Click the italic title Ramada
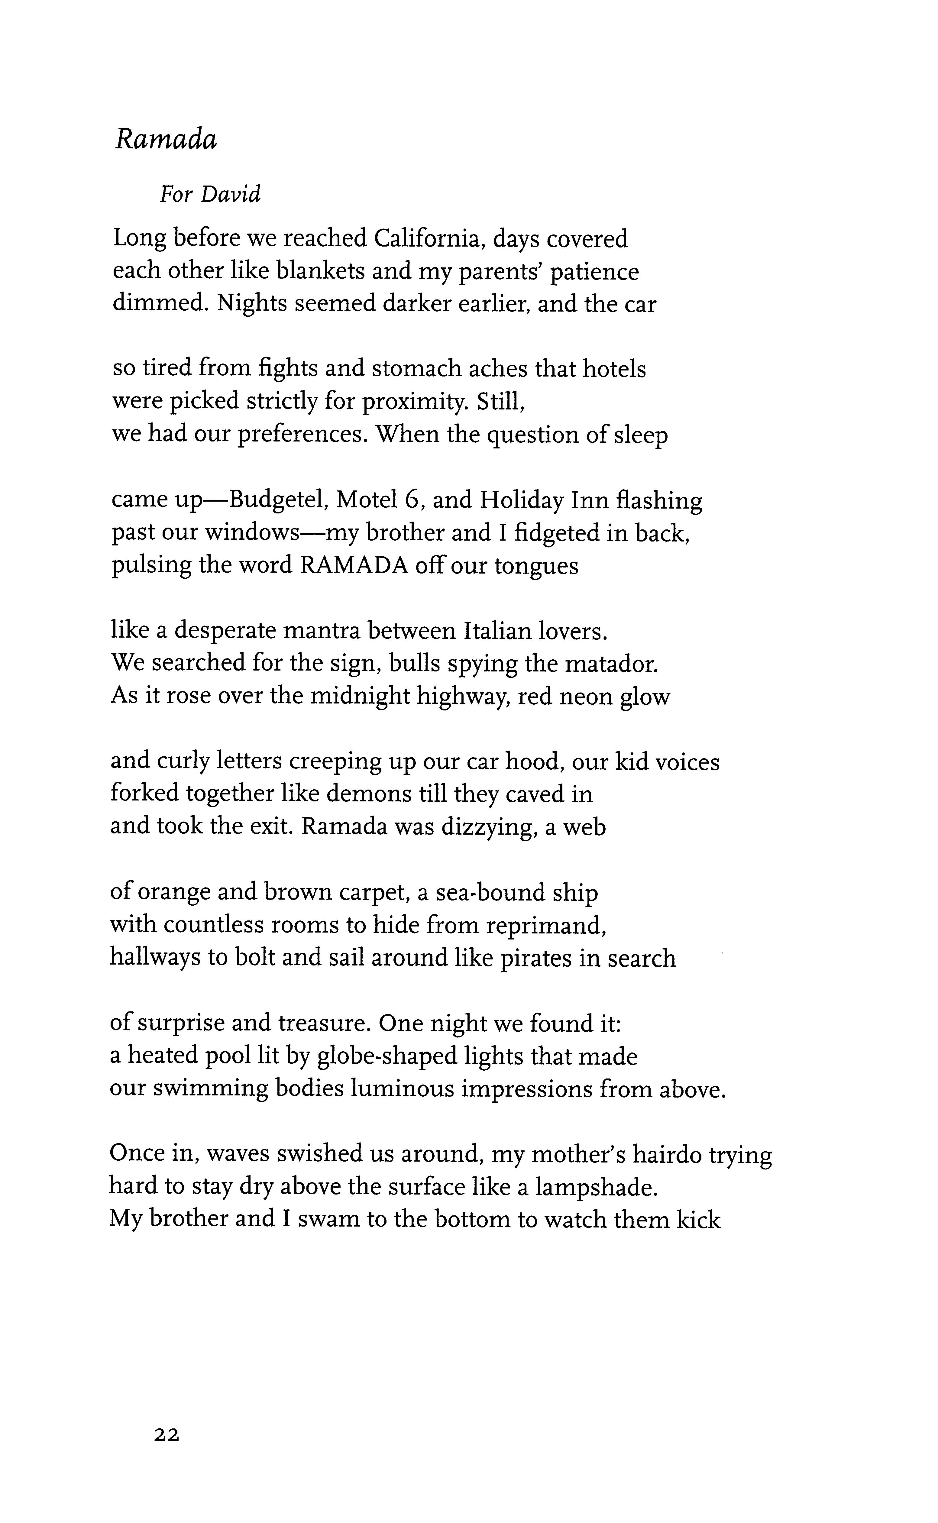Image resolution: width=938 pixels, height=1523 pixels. (166, 140)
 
